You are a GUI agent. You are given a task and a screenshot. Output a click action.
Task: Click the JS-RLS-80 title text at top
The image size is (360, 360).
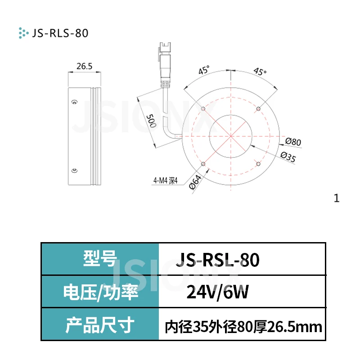[59, 33]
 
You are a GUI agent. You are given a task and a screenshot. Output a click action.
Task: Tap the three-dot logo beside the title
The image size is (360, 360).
[22, 32]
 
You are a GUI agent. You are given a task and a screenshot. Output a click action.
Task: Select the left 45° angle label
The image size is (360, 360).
[204, 71]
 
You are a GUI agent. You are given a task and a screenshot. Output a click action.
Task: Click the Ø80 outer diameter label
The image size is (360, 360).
[293, 142]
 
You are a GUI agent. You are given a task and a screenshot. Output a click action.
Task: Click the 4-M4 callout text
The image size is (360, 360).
[165, 182]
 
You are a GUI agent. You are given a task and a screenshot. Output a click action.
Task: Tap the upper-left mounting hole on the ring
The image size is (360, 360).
[203, 109]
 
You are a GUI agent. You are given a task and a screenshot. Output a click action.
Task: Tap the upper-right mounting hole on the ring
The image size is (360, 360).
[258, 109]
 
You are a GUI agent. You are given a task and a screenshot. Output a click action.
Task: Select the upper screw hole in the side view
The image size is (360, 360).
[74, 102]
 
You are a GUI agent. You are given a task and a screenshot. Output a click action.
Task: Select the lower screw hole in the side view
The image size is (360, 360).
[74, 170]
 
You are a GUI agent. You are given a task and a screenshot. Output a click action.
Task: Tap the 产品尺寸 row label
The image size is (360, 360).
[100, 325]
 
